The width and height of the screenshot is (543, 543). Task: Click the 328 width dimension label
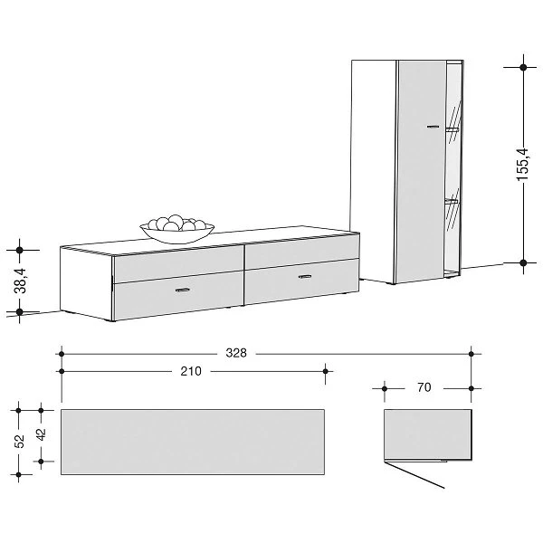[236, 353]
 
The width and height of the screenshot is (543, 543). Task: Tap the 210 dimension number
[191, 371]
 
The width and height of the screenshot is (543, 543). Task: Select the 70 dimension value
[424, 387]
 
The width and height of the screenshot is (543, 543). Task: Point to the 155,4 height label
[523, 164]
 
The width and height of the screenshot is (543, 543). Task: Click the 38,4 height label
[20, 281]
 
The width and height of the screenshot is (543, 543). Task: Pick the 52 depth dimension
[20, 442]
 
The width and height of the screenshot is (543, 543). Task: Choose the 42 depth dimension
[42, 434]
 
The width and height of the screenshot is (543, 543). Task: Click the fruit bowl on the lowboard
[177, 229]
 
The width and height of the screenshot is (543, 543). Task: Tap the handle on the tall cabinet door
[433, 127]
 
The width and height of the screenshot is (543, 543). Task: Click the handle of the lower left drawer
[183, 290]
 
